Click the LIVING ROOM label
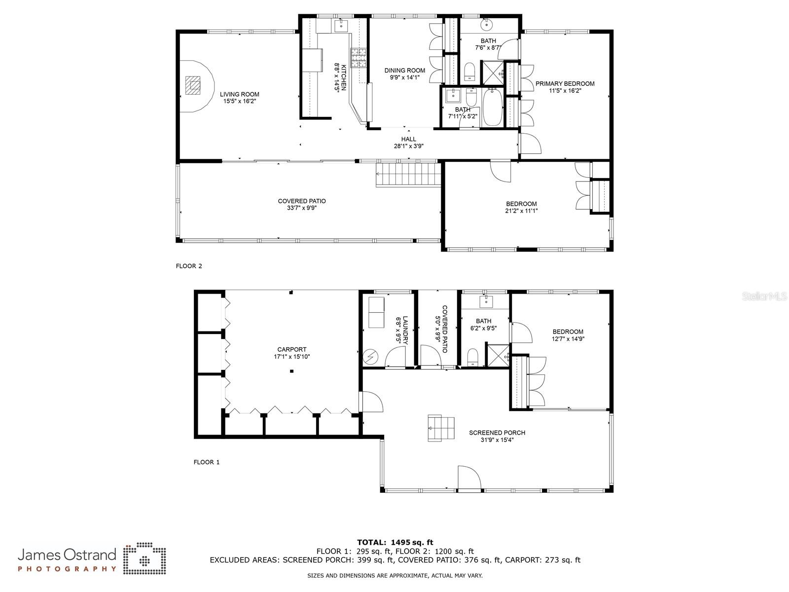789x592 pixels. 239,95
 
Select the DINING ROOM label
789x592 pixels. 405,71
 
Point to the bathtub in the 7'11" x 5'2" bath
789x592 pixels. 492,107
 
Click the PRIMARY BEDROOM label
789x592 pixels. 565,84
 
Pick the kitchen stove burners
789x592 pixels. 359,58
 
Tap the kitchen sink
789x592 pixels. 341,26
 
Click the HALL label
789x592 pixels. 409,139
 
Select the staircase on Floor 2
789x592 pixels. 408,175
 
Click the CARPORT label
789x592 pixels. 292,349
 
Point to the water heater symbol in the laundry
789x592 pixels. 370,357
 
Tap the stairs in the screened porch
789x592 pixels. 441,428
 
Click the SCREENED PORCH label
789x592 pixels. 497,433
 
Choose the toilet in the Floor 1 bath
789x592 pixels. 472,357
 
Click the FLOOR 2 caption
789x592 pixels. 189,266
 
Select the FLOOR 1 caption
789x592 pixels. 206,462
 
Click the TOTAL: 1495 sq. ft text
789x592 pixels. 395,542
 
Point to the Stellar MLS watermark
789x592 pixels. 764,296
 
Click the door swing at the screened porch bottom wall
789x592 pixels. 469,478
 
